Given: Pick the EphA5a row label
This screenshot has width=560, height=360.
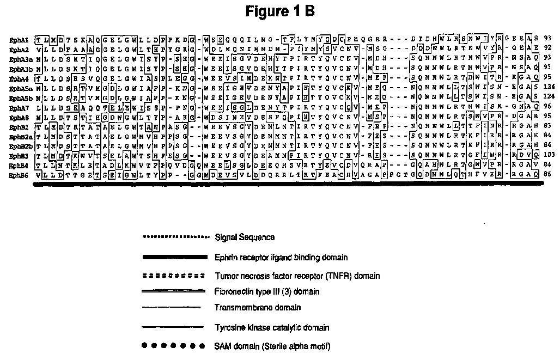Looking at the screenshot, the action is [20, 88].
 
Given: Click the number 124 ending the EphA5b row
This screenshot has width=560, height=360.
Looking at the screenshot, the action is [547, 98].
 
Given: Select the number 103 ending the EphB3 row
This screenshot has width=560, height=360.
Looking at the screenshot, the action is [547, 156].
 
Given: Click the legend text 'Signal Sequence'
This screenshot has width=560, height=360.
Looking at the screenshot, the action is [245, 237].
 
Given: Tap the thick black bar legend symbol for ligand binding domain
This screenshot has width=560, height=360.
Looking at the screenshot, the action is [173, 257].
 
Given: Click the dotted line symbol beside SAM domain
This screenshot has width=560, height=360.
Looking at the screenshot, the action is [173, 346].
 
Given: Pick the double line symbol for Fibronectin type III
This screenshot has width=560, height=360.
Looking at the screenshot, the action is [173, 291].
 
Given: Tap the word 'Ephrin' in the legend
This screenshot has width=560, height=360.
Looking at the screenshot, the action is [226, 257].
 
